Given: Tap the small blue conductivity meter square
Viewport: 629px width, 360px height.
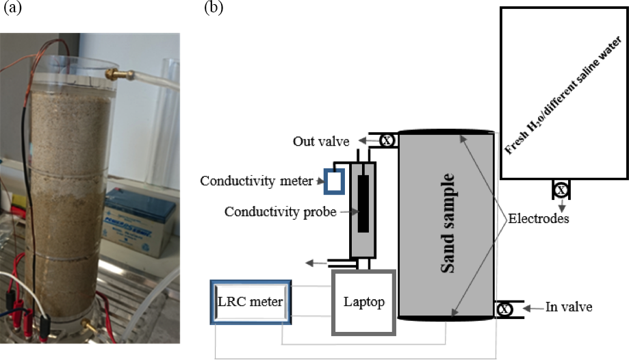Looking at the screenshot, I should (333, 180).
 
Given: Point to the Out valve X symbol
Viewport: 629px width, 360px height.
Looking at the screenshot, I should (387, 141).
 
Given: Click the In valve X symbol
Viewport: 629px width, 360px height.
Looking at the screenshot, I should (504, 309).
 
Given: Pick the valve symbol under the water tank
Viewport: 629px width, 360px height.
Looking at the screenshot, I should (561, 190).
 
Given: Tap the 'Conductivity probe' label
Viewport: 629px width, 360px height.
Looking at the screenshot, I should (281, 212).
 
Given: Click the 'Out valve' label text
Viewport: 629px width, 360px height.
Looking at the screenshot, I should (320, 141).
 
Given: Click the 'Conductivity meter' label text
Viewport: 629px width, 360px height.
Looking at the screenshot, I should (256, 181).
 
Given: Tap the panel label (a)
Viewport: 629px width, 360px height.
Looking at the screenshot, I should (10, 8).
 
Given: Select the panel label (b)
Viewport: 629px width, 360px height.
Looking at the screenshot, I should (213, 8).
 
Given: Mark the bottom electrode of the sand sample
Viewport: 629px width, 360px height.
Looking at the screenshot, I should (446, 318).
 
